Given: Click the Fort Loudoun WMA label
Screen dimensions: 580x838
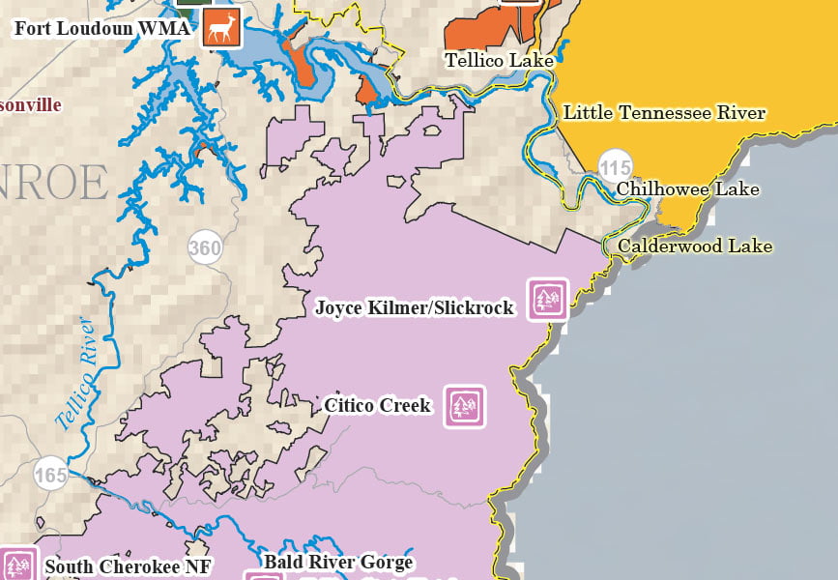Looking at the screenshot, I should [x=101, y=27].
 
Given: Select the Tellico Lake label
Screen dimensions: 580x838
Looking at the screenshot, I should [x=499, y=61].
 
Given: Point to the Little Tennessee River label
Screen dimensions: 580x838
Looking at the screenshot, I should [x=664, y=112].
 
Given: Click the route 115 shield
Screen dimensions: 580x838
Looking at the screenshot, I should [x=615, y=167].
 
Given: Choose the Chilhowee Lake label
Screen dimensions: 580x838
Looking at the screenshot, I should [x=687, y=188].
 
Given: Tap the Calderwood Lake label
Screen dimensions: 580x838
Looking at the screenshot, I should [x=695, y=246].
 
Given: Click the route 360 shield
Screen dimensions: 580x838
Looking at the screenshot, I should [x=205, y=248].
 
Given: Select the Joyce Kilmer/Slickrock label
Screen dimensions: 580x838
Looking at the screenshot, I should [x=415, y=307].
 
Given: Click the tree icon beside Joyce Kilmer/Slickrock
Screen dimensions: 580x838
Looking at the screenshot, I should [x=547, y=299].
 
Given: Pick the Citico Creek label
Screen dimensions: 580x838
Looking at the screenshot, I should [x=377, y=405].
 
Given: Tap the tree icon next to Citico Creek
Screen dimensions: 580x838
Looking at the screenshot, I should [x=465, y=406].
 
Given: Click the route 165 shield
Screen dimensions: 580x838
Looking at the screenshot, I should [x=51, y=475].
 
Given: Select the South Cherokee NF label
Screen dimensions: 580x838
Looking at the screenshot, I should [x=128, y=567].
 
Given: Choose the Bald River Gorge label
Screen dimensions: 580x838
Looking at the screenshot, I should [x=337, y=562].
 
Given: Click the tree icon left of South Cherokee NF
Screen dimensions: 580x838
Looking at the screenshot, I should [x=16, y=565].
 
